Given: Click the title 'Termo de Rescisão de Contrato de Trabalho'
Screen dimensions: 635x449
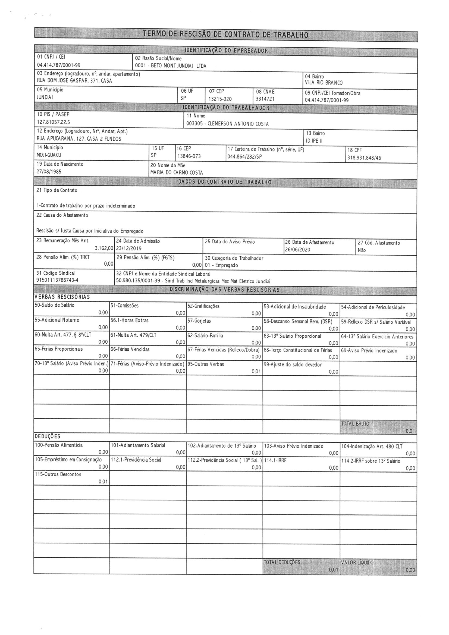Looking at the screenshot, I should pos(225,35).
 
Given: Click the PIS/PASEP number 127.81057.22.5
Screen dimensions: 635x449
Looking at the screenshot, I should pos(54,122).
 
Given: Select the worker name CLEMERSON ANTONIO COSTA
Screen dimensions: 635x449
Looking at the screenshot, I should pos(238,124).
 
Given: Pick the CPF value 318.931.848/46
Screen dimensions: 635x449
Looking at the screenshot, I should pos(364,158).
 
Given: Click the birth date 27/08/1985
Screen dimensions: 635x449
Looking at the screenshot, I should pos(49,172).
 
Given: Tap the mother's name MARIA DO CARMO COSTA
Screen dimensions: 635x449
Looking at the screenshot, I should pos(177,173).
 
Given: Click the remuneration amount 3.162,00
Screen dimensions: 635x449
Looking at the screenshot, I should pos(104,248).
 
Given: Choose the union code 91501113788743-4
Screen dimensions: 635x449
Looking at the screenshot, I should pos(57,280).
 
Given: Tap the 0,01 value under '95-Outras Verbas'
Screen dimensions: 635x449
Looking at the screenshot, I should pos(256,372).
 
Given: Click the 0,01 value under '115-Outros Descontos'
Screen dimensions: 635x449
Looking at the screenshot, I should pos(103,482).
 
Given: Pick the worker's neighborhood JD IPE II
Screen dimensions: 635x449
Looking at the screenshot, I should pos(314,141).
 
